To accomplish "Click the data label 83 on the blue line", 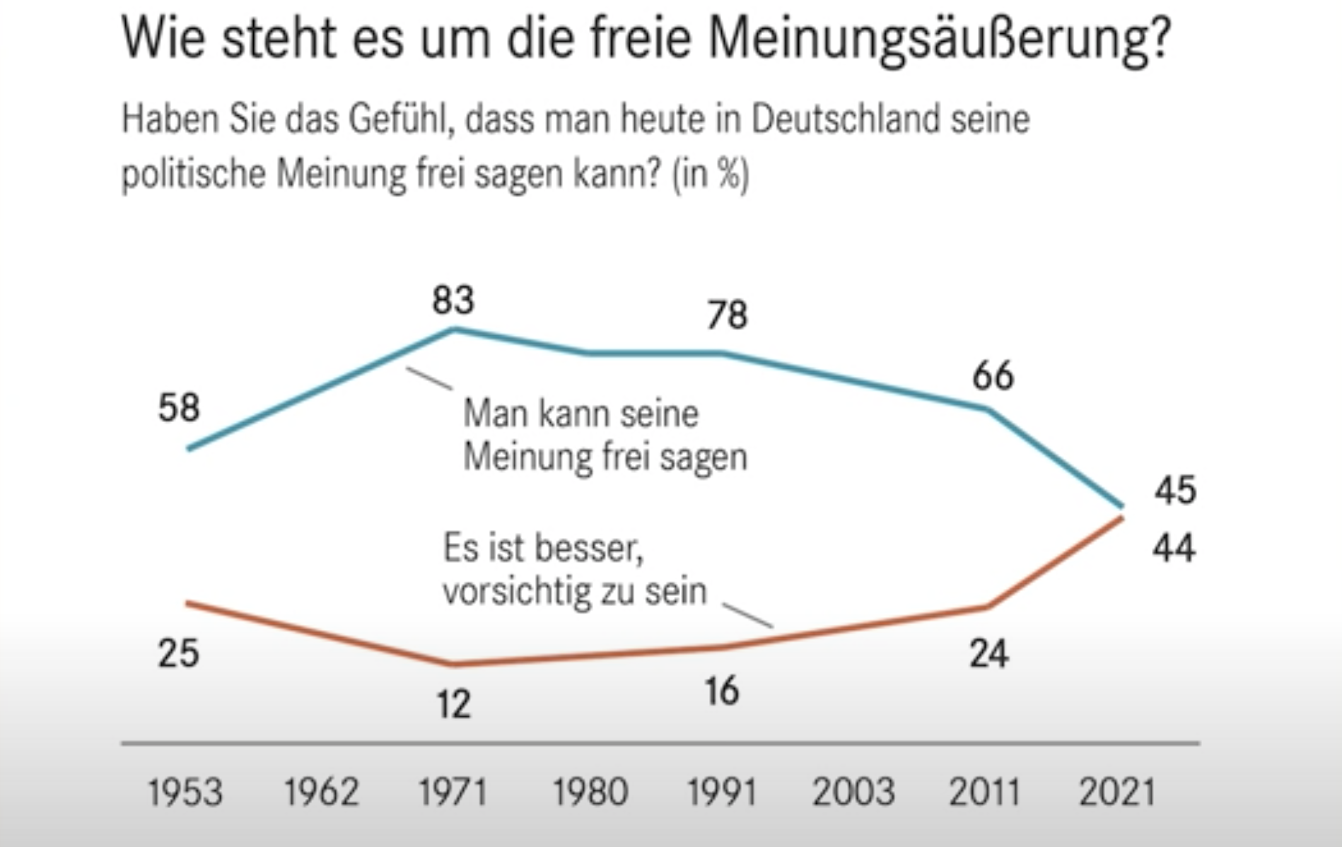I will (453, 300).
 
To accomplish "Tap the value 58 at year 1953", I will (179, 408).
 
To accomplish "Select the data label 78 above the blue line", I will (727, 315).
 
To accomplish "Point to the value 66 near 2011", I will (993, 375).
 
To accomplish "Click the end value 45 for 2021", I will (1175, 490).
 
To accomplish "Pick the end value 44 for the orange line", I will (1174, 548).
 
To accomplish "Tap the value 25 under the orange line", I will (178, 653).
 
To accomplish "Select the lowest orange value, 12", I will (453, 704).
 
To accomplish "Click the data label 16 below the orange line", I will (722, 691).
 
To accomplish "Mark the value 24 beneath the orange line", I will (988, 653).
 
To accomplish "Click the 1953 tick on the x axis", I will (185, 792).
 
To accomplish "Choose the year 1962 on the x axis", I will (322, 792).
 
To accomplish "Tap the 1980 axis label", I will (590, 792).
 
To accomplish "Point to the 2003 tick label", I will (853, 792).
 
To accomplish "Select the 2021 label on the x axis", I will (1117, 792).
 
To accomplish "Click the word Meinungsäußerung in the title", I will (939, 39).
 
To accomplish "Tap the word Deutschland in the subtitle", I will (845, 119).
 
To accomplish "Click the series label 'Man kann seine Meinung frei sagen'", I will (605, 434).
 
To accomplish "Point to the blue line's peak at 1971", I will (455, 329).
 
